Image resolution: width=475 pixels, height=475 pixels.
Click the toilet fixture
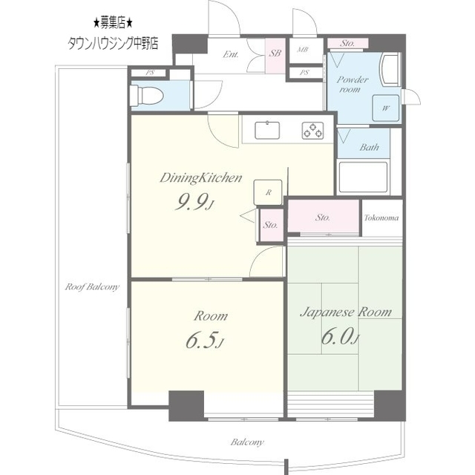click(147, 95)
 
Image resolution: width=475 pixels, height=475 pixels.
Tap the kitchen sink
click(267, 131)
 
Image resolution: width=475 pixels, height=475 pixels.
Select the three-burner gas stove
click(313, 131)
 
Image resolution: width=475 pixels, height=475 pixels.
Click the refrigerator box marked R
click(268, 192)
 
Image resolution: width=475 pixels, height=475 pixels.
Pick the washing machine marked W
click(386, 108)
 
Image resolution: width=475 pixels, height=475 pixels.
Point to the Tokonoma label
click(381, 217)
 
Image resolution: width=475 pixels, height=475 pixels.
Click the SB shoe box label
click(275, 53)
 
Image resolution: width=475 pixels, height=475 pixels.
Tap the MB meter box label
click(303, 50)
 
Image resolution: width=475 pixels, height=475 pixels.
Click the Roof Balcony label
click(92, 286)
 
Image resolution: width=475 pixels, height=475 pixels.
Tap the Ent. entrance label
click(231, 54)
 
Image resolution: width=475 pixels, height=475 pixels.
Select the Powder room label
click(352, 84)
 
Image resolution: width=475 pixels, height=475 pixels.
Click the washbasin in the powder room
click(391, 69)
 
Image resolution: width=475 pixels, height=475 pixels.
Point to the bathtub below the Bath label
click(363, 177)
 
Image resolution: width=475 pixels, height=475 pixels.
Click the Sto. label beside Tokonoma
click(322, 217)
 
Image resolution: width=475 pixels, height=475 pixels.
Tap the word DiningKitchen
click(201, 177)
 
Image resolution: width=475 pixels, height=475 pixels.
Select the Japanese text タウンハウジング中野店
click(113, 43)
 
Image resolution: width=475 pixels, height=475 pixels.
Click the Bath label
click(370, 147)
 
